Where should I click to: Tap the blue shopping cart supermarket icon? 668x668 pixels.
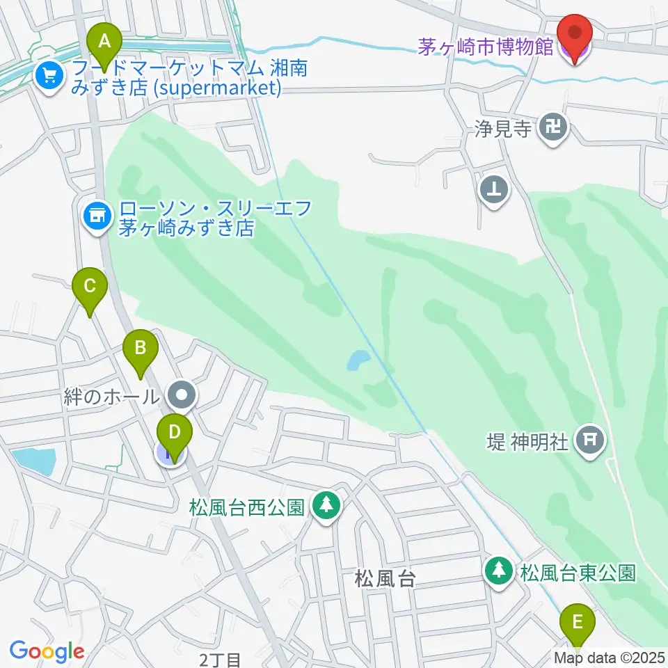(49, 74)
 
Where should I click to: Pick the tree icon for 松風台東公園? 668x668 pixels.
(498, 571)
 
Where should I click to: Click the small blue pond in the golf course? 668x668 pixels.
(359, 360)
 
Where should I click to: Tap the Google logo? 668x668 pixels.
(47, 651)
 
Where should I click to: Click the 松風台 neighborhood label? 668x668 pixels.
(385, 578)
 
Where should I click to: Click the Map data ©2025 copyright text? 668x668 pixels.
(609, 658)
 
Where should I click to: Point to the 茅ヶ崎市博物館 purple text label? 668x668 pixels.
(485, 47)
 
